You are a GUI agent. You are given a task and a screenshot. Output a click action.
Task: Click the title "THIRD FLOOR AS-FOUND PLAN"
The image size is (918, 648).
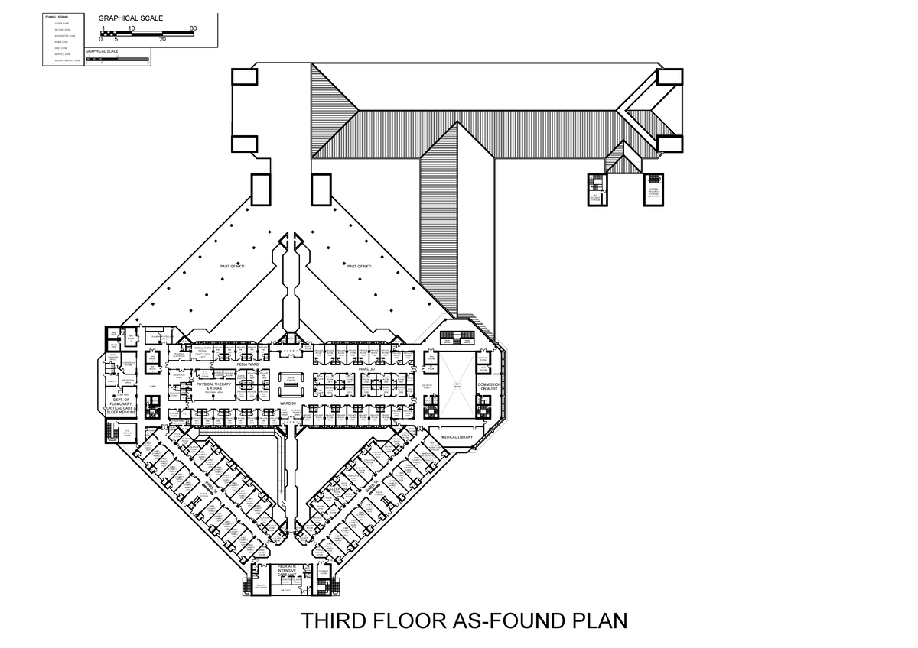click(464, 620)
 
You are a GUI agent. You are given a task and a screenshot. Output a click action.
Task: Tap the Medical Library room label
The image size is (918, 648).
click(458, 437)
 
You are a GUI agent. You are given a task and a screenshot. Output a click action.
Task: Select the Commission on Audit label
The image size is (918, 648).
click(489, 387)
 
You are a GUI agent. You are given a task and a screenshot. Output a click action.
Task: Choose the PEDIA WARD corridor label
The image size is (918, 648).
click(248, 365)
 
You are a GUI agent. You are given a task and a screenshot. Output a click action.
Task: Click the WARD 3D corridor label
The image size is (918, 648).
click(366, 368)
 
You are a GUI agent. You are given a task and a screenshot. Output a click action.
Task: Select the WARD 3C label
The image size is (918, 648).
click(288, 402)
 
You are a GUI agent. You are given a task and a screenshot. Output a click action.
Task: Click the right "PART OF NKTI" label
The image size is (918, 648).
click(359, 267)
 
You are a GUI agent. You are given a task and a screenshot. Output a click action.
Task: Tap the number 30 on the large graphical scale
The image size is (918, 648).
click(193, 28)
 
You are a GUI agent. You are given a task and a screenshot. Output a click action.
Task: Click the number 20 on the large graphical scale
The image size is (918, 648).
click(162, 39)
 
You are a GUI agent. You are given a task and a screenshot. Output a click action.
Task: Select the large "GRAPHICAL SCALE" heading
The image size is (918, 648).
click(130, 18)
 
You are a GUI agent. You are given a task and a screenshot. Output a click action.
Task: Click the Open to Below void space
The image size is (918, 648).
click(456, 385)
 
